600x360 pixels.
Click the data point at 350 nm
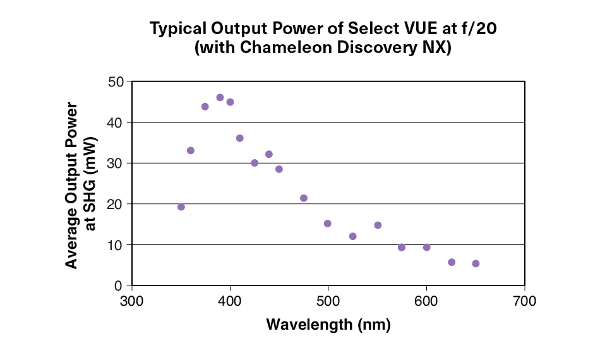click(181, 207)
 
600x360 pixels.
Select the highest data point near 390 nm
click(220, 98)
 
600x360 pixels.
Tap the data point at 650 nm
click(476, 264)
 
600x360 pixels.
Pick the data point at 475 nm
click(304, 198)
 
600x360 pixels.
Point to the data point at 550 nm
click(378, 225)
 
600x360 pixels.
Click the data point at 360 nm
click(191, 151)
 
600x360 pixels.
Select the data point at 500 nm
click(328, 224)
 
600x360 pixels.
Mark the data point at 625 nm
click(452, 262)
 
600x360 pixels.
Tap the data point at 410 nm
click(240, 138)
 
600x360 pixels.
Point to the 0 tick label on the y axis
click(119, 286)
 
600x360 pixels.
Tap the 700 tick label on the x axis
click(524, 301)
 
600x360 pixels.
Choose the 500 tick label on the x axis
click(328, 301)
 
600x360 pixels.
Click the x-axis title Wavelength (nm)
click(328, 325)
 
